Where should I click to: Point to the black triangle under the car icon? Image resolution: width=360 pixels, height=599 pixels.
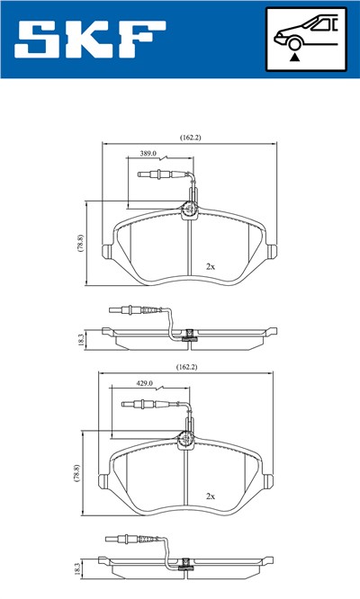(294, 56)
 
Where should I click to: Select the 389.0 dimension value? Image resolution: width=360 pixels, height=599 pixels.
(149, 154)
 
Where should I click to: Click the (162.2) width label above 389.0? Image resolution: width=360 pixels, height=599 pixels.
(190, 137)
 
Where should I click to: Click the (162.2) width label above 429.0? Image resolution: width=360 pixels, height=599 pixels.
(186, 367)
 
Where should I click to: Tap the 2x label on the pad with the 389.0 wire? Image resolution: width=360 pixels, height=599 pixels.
(211, 266)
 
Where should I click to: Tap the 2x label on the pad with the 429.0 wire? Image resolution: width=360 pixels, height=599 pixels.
(211, 496)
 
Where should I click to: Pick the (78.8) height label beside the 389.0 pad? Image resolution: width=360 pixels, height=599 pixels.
(80, 244)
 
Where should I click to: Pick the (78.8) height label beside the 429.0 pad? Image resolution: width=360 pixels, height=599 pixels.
(77, 473)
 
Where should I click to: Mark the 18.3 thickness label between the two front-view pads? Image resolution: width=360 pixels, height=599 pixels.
(80, 339)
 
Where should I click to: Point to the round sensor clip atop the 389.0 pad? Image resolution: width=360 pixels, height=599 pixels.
(191, 210)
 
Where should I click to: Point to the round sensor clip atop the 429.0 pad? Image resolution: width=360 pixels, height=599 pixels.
(186, 440)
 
